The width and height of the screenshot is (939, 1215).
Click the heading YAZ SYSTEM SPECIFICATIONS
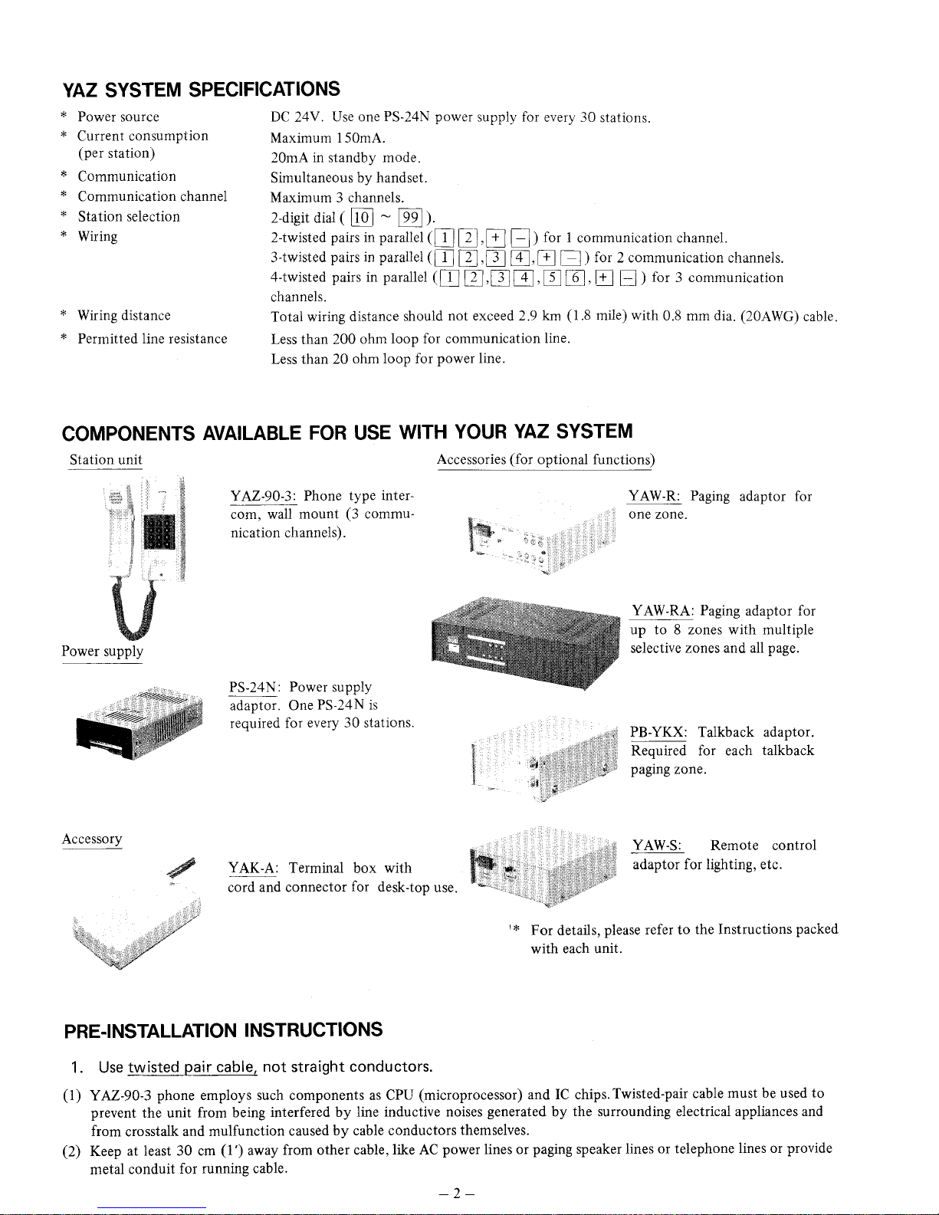tap(201, 89)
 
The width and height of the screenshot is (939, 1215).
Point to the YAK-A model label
tap(252, 868)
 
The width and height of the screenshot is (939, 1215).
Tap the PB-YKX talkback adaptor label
tap(658, 732)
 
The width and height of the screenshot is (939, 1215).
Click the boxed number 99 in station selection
tap(413, 217)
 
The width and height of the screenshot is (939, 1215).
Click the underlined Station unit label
tap(106, 460)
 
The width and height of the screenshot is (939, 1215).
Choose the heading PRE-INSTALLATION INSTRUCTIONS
tap(222, 1029)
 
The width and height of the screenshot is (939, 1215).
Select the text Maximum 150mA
tap(328, 138)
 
